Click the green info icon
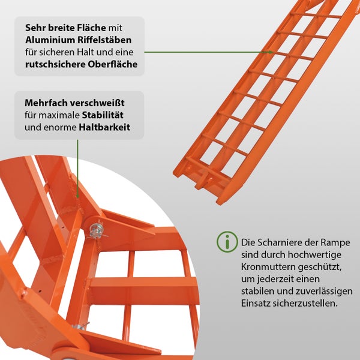pyautogui.click(x=227, y=242)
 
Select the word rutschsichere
pyautogui.click(x=52, y=64)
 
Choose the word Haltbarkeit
pyautogui.click(x=104, y=127)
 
